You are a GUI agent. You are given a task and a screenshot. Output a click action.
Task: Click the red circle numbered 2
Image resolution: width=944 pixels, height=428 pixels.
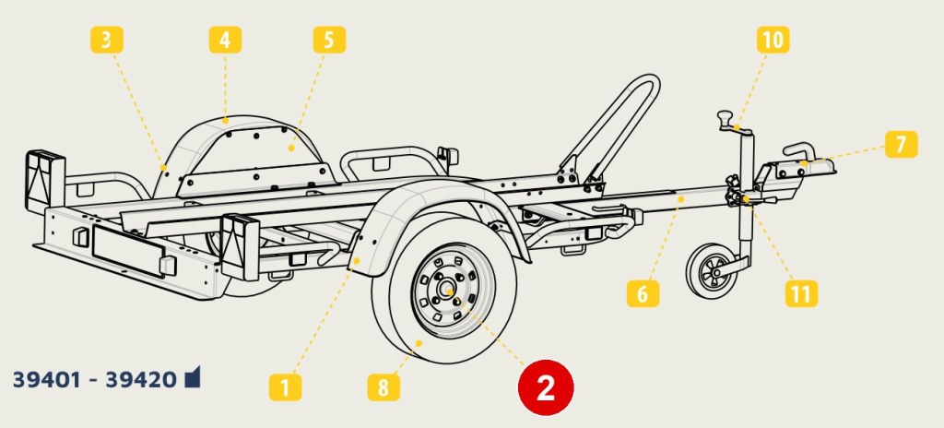[546, 387]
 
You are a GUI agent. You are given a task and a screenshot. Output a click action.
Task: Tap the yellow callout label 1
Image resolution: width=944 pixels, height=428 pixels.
[285, 387]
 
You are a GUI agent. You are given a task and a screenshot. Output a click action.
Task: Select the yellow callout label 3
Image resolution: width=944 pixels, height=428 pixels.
[107, 40]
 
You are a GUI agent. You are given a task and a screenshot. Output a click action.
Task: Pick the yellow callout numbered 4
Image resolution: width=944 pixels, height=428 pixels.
[225, 40]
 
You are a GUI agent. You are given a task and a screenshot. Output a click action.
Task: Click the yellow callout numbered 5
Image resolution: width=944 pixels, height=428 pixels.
[329, 40]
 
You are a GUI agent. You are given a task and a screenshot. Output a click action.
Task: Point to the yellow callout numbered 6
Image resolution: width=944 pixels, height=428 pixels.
[643, 293]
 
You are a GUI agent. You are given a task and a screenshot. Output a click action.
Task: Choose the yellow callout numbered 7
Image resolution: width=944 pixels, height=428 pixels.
[902, 145]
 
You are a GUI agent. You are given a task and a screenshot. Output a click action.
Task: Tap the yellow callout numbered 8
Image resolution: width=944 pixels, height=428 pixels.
[383, 387]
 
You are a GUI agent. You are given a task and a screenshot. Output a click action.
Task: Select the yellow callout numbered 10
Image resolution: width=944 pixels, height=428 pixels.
[773, 40]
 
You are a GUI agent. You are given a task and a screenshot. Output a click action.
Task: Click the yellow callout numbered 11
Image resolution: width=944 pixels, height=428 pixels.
[801, 293]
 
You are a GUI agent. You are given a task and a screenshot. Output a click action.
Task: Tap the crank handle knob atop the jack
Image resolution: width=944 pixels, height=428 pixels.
[725, 117]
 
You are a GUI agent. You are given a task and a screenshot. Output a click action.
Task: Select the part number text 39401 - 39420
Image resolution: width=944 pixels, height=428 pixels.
[95, 380]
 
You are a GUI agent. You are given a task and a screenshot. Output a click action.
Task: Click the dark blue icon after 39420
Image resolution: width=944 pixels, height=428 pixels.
[192, 377]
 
